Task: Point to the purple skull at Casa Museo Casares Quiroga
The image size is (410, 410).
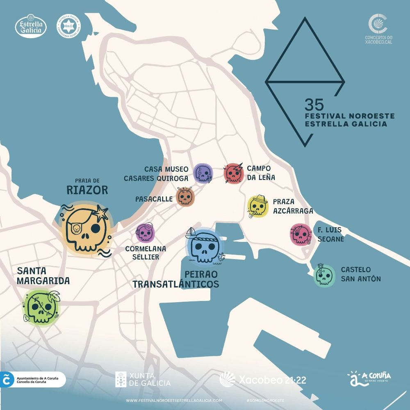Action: click(x=203, y=173)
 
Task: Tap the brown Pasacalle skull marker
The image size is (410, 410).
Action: click(x=185, y=197)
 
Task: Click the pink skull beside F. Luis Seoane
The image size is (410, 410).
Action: click(x=301, y=235)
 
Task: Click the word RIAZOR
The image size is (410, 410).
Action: click(x=88, y=190)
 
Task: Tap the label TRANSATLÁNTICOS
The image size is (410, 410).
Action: click(x=175, y=284)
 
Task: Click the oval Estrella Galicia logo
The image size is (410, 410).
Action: click(x=31, y=26)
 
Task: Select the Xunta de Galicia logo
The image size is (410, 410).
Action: click(x=143, y=379)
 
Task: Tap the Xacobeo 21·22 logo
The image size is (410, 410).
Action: click(x=263, y=379)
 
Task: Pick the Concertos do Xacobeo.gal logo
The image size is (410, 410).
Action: click(x=378, y=29)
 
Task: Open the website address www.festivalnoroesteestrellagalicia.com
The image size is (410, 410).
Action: click(x=174, y=401)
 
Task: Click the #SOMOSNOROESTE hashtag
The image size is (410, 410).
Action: click(x=266, y=401)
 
